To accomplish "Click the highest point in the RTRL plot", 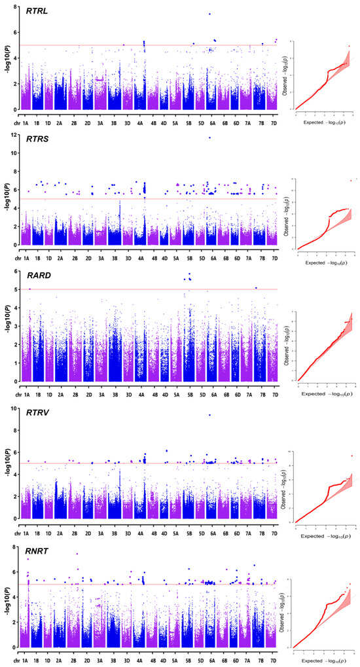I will (209, 14).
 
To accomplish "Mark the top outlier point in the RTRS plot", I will (209, 137).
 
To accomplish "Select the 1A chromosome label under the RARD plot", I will (27, 395).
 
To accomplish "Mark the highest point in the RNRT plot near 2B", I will (77, 554).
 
